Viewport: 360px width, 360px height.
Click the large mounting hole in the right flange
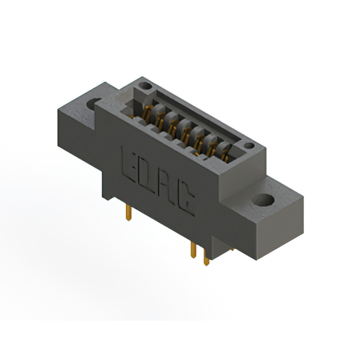(263, 200)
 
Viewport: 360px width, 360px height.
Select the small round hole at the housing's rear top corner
(146, 86)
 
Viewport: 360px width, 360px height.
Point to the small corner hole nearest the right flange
(249, 145)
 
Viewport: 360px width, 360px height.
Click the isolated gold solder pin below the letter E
(129, 213)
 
